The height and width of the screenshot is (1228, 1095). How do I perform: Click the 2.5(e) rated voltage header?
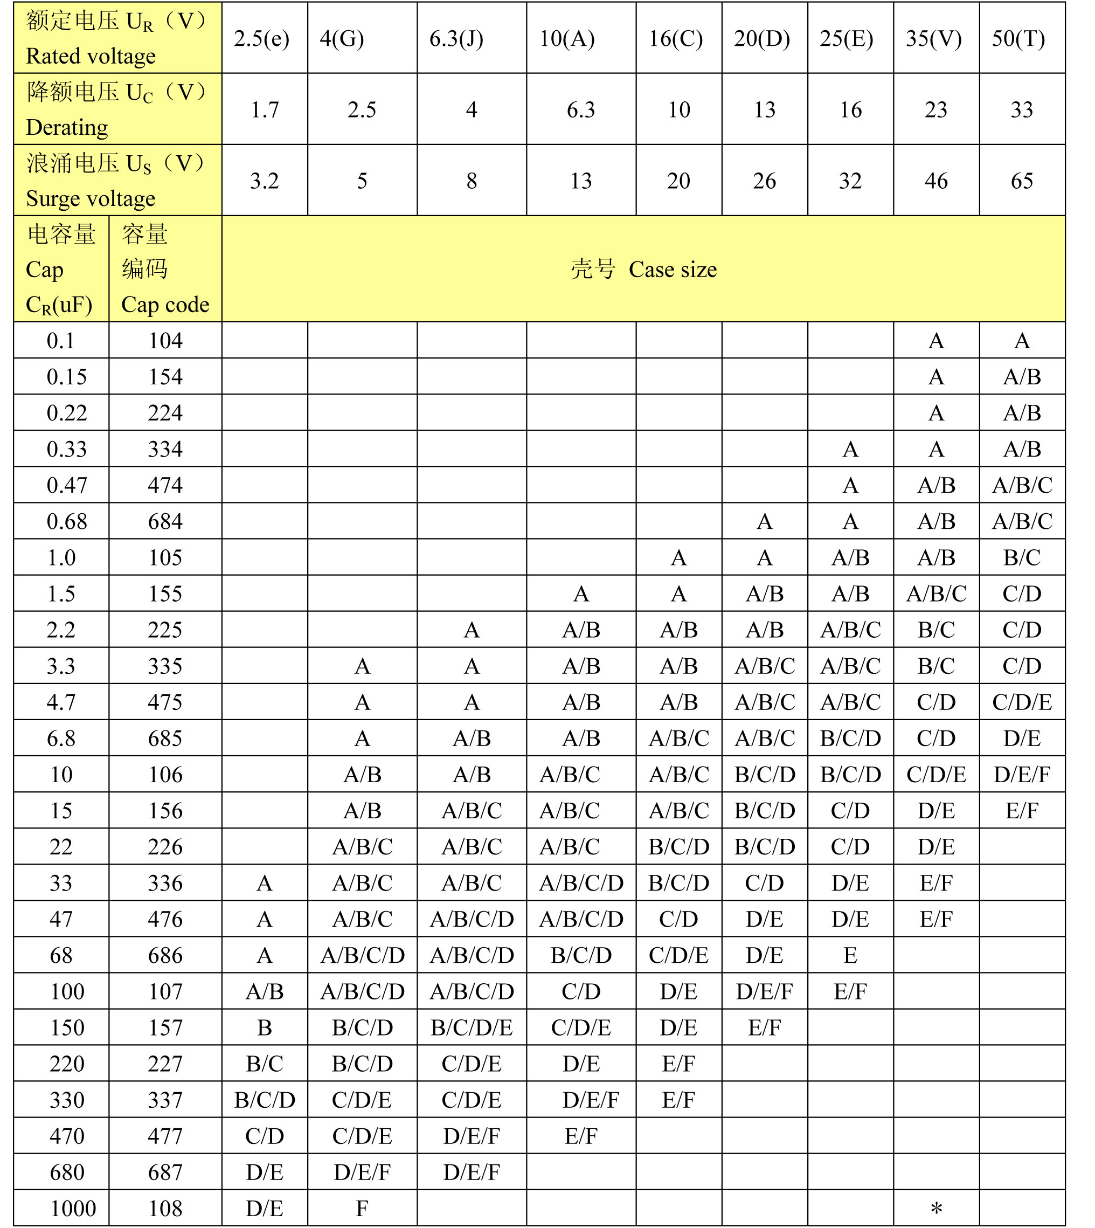tap(262, 38)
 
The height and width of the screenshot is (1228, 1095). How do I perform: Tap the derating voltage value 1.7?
tap(264, 109)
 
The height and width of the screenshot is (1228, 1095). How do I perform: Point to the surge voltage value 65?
tap(1022, 181)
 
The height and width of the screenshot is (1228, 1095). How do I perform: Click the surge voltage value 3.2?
tap(264, 181)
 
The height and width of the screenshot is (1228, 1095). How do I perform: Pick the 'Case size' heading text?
tap(672, 270)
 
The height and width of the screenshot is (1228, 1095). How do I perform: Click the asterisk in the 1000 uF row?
tap(936, 1208)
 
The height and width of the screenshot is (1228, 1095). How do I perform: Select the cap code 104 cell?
tap(165, 341)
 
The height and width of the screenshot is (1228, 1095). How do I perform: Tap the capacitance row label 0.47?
tap(67, 485)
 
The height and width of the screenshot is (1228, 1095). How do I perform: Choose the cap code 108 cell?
tap(165, 1208)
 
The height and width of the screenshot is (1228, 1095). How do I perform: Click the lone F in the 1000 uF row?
tap(362, 1208)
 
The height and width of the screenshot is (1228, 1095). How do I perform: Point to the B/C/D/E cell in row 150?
tap(472, 1027)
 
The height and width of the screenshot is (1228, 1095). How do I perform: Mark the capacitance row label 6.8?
tap(61, 739)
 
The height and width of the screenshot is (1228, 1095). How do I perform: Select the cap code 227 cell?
tap(165, 1064)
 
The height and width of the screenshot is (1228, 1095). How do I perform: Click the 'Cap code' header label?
tap(165, 305)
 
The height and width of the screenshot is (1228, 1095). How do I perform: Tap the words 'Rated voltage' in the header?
tap(91, 56)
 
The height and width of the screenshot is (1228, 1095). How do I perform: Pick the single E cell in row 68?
tap(850, 955)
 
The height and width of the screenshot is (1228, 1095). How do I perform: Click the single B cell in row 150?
tap(264, 1027)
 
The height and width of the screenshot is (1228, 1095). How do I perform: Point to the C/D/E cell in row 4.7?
tap(1022, 702)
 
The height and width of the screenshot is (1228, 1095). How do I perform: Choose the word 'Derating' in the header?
tap(67, 128)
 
